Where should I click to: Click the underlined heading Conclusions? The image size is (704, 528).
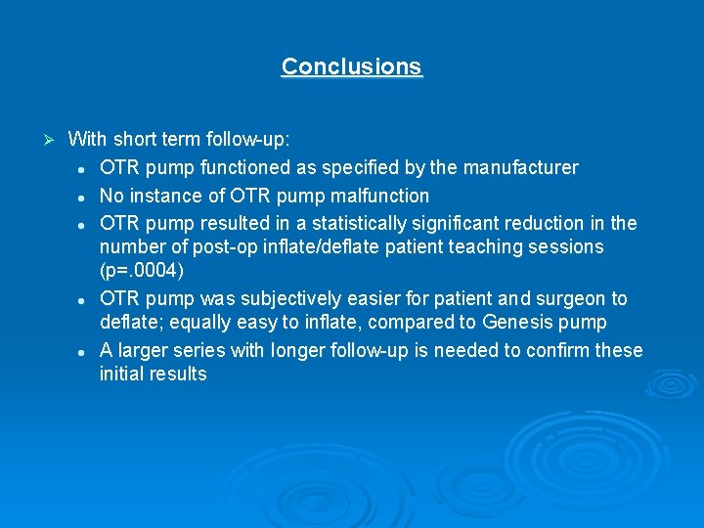351,66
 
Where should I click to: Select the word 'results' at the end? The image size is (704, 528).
178,374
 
